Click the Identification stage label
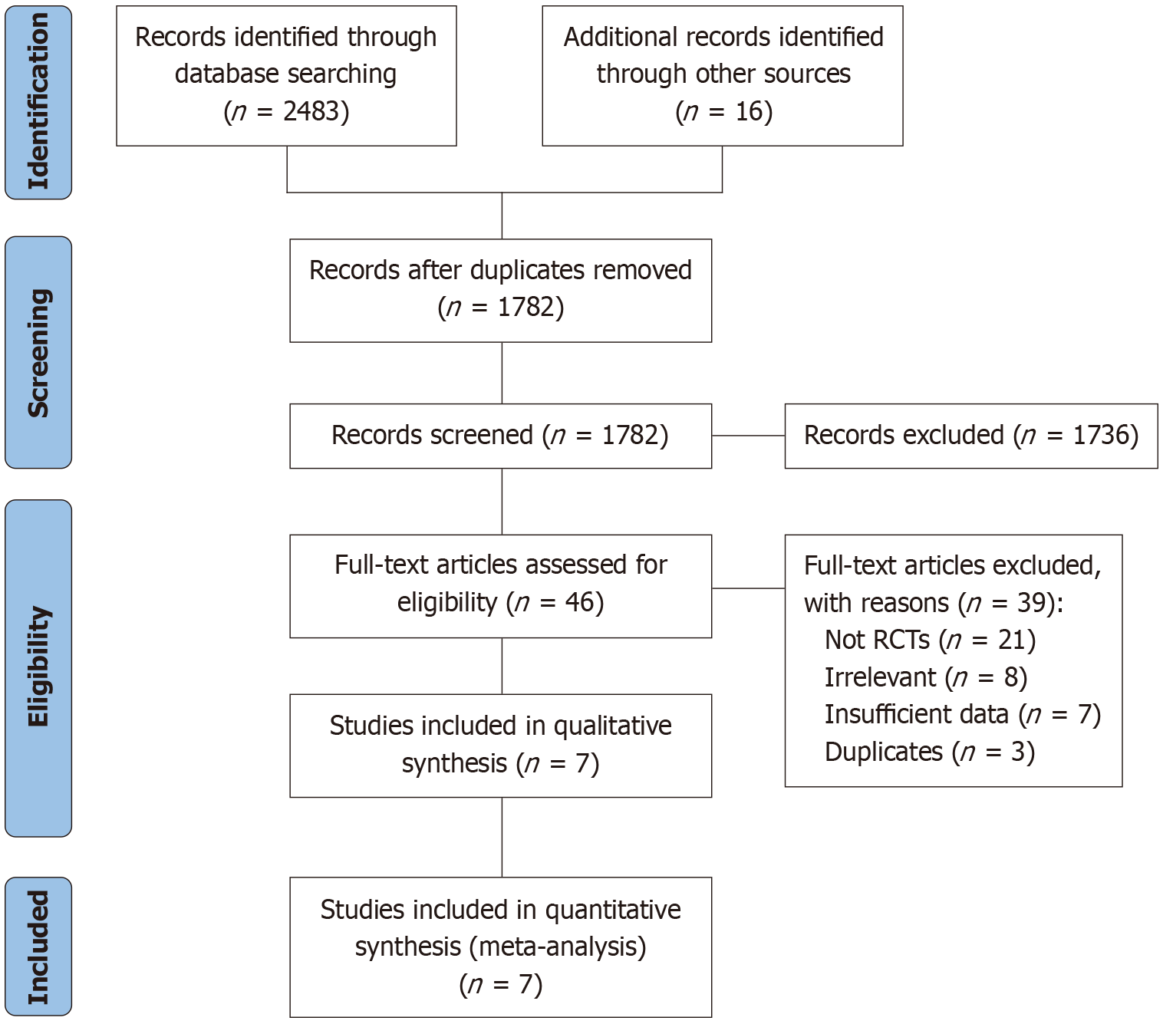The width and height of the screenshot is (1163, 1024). (x=38, y=102)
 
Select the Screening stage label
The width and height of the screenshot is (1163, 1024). (x=38, y=352)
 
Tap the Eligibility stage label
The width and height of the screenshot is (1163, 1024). (x=38, y=668)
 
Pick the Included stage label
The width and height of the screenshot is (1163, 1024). (x=38, y=947)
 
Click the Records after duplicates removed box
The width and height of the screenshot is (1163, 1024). (x=500, y=291)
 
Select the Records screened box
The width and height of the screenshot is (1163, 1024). (x=500, y=436)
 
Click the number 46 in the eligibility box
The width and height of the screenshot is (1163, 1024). (x=578, y=602)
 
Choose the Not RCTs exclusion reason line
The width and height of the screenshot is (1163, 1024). (x=930, y=640)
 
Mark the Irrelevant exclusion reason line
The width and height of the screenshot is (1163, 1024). (x=926, y=677)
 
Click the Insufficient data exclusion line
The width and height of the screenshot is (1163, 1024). (x=963, y=715)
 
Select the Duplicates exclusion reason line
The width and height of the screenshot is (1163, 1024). (x=930, y=752)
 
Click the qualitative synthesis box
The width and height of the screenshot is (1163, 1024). (x=500, y=746)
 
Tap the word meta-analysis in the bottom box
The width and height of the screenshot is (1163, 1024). (x=558, y=947)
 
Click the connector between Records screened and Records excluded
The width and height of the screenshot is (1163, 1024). (x=749, y=436)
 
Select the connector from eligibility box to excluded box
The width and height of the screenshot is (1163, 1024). (x=749, y=588)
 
